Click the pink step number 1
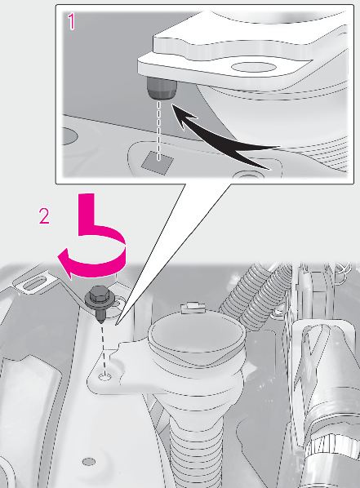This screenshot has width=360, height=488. [x=72, y=21]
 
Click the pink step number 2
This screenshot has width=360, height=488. [x=44, y=216]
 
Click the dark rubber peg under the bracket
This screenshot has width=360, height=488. [x=161, y=89]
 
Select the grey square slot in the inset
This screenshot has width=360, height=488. [x=158, y=162]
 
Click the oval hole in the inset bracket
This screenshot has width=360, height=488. [x=254, y=69]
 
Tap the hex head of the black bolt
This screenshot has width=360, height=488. [x=99, y=295]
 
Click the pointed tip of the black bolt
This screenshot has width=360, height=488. [x=101, y=322]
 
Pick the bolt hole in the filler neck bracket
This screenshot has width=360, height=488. [x=104, y=378]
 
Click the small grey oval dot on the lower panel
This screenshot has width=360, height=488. [x=89, y=462]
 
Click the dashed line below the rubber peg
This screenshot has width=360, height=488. [x=159, y=130]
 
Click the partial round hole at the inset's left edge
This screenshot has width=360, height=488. [x=69, y=136]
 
